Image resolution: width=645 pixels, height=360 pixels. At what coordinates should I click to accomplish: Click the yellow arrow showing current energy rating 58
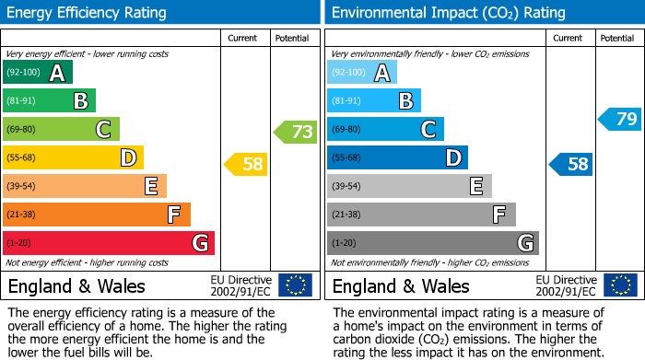coord(246,165)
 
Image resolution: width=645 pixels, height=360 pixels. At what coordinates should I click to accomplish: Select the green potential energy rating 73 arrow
coord(296,132)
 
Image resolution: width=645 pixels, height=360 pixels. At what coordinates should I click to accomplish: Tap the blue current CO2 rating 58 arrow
coord(570,165)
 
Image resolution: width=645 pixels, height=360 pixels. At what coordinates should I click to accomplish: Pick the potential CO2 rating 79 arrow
coord(620,119)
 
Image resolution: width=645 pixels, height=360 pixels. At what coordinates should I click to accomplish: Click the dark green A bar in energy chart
coord(38,73)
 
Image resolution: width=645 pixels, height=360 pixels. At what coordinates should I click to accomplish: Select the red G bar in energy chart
coord(109,243)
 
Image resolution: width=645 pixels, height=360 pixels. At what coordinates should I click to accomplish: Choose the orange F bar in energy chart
coord(97,215)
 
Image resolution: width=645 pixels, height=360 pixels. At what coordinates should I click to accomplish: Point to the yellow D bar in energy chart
coord(73,157)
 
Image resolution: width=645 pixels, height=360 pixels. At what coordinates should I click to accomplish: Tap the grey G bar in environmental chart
coord(432,243)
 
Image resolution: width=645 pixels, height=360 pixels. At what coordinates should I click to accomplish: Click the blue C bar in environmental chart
coord(385,129)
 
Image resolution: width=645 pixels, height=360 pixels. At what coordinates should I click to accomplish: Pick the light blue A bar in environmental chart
coord(362,73)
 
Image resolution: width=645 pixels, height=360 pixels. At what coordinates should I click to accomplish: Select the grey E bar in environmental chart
coord(409,186)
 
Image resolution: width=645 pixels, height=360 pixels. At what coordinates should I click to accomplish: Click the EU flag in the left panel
coord(295,285)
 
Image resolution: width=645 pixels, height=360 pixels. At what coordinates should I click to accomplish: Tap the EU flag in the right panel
coord(620,285)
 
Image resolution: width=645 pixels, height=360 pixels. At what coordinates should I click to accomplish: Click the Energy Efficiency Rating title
coord(88,13)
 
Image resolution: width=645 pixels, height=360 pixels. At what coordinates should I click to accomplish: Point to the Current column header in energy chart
coord(244,38)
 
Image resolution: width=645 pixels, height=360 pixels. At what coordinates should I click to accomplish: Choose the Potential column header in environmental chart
coord(617,38)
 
